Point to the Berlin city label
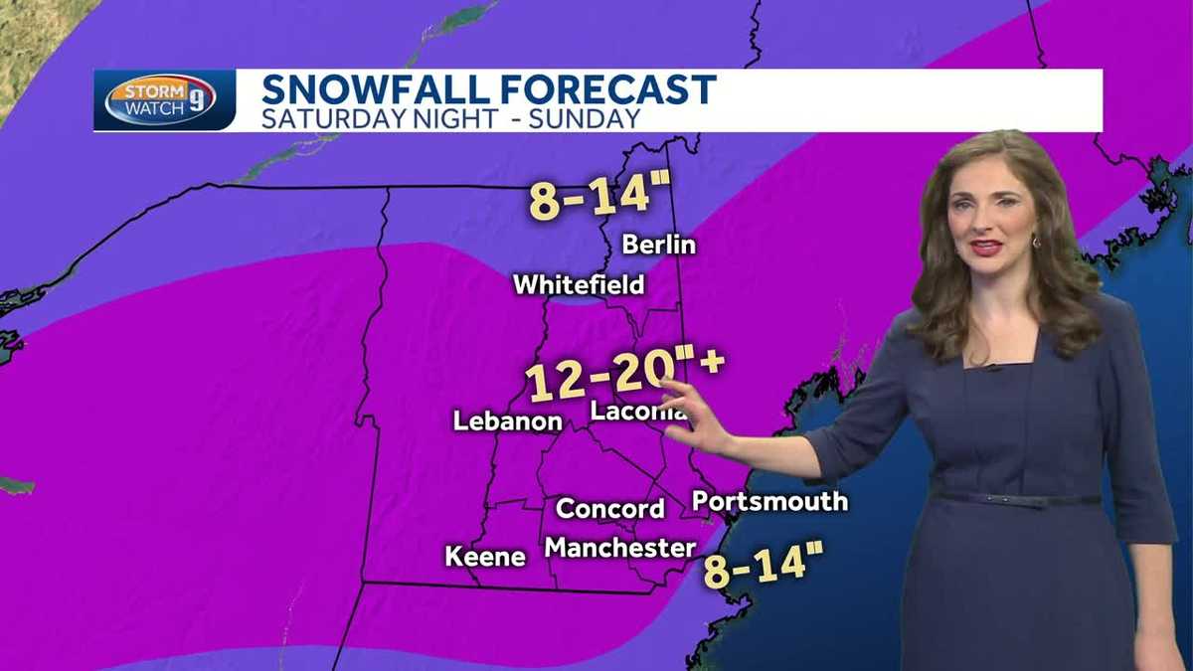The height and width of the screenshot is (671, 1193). click(x=658, y=245)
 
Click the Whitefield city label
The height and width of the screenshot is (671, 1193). click(x=579, y=285)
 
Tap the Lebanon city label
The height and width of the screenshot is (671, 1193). click(x=507, y=421)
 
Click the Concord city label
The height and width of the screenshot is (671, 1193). click(x=610, y=509)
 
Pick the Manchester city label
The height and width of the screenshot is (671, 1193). click(x=620, y=548)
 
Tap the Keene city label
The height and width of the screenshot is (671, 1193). click(x=485, y=557)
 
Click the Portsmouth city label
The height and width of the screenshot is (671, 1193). click(x=770, y=501)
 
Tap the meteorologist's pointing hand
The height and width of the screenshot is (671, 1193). click(x=695, y=421)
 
